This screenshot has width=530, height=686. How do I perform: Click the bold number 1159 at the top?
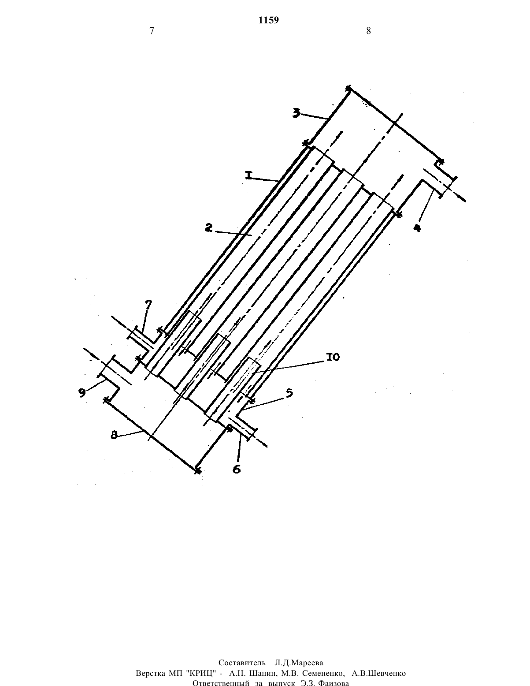[x=268, y=20]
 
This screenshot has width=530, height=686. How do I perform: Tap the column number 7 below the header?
[x=152, y=31]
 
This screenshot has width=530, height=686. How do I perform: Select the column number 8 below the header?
[x=368, y=31]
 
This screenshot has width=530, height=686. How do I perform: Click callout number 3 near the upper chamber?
[x=296, y=113]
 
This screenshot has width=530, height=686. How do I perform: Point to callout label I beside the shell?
[x=249, y=175]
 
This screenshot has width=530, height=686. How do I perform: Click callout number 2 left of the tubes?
[x=208, y=227]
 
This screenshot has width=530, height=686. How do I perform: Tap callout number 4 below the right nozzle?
[x=417, y=228]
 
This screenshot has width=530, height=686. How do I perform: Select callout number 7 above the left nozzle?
[x=148, y=305]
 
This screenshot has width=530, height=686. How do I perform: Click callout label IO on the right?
[x=333, y=357]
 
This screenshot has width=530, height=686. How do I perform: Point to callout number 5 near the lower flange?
[x=289, y=393]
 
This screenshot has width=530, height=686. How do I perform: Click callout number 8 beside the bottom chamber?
[x=114, y=435]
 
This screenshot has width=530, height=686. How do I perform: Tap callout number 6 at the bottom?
[x=237, y=469]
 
